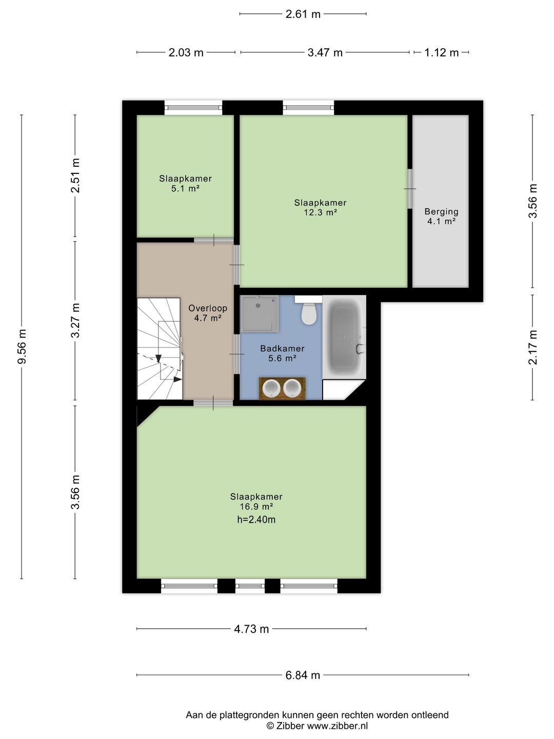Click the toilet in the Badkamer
(x=308, y=310)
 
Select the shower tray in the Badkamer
(x=260, y=314)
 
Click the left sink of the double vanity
(x=271, y=388)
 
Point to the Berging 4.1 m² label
(x=441, y=217)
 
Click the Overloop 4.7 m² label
(x=208, y=313)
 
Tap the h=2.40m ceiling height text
(x=256, y=519)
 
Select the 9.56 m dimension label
(x=22, y=346)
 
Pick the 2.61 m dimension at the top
(x=303, y=14)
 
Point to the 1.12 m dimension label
(x=441, y=52)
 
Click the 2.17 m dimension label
(x=532, y=347)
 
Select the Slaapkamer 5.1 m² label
(x=185, y=184)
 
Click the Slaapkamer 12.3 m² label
(x=320, y=207)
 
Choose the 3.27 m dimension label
(x=75, y=320)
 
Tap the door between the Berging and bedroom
(x=410, y=189)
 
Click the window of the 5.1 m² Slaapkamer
(x=193, y=108)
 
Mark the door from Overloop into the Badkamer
(x=237, y=354)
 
